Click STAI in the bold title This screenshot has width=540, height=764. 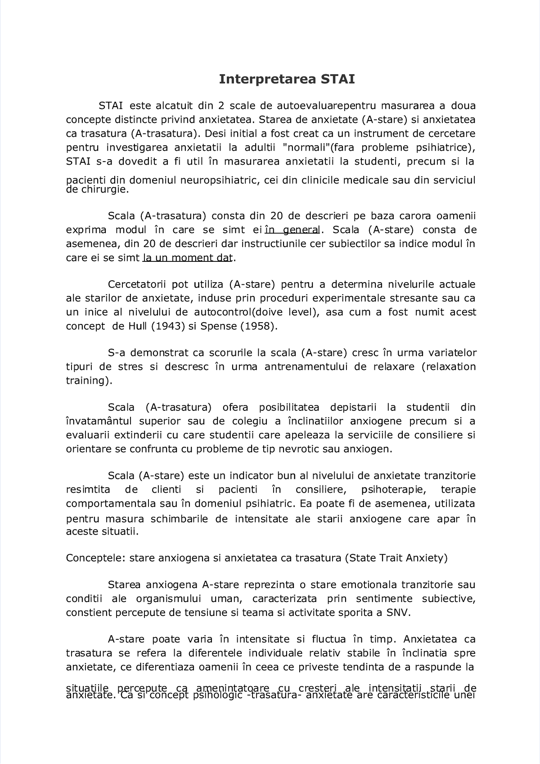tap(337, 80)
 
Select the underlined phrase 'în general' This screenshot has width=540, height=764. tap(292, 230)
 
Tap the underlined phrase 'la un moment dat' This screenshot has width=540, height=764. tap(188, 258)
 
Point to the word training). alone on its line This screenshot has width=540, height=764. tap(88, 381)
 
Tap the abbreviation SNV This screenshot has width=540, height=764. tap(398, 612)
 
